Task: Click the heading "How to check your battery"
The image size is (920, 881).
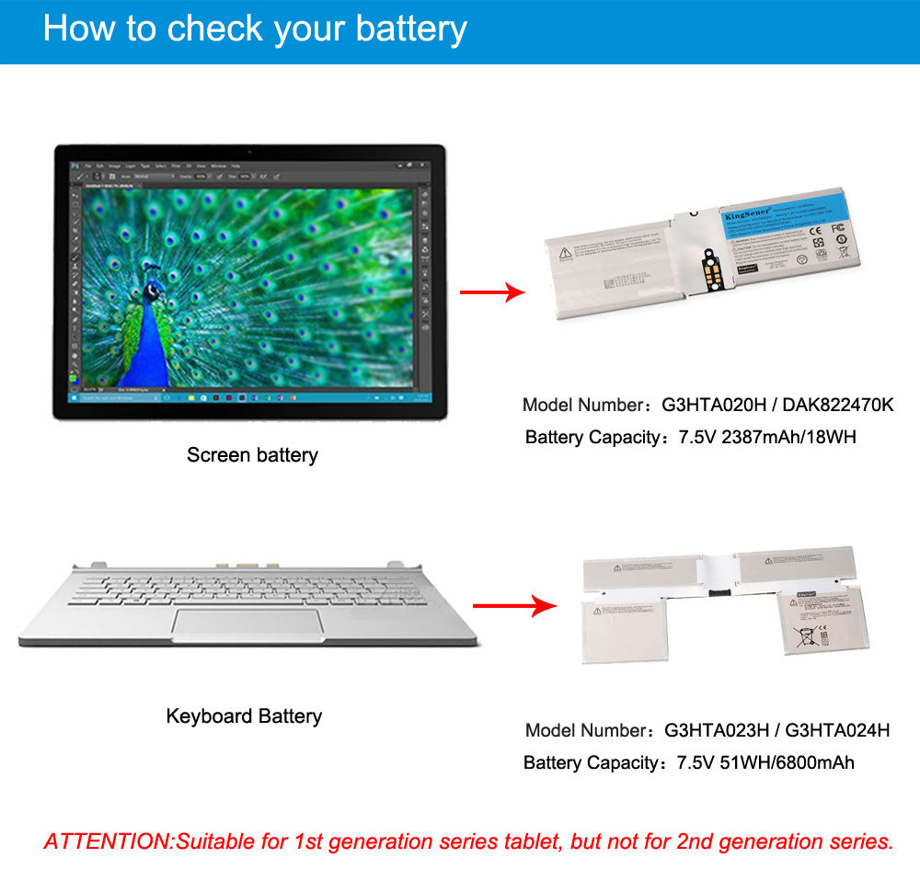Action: tap(255, 29)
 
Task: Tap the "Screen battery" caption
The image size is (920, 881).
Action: tap(252, 454)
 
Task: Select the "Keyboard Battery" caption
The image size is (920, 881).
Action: tap(244, 715)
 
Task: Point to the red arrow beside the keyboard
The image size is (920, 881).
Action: tap(515, 606)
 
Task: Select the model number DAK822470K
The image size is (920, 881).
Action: tap(838, 405)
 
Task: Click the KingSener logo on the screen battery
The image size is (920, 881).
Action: tap(748, 213)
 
